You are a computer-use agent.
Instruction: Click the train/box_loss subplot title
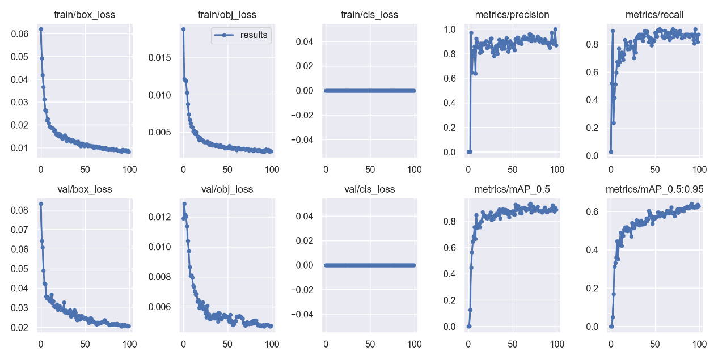(x=85, y=15)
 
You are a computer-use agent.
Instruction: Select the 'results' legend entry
(x=254, y=35)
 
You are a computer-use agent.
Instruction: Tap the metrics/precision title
(x=513, y=15)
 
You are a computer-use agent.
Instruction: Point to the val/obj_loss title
(x=227, y=189)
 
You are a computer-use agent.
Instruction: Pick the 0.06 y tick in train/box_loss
(x=20, y=34)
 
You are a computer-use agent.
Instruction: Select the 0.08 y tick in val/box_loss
(x=20, y=210)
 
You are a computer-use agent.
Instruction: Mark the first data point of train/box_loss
(x=41, y=29)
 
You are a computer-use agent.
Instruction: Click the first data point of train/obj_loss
(x=183, y=29)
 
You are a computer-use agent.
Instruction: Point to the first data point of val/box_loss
(x=41, y=204)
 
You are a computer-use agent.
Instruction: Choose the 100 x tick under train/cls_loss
(x=415, y=169)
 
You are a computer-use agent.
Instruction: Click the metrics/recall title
(x=655, y=15)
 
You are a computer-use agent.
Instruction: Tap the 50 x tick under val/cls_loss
(x=370, y=344)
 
